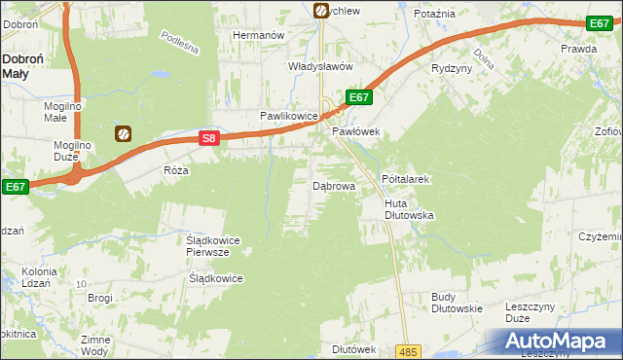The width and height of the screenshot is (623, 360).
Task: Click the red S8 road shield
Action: coord(208,139)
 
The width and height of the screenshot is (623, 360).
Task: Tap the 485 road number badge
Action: coord(408,351)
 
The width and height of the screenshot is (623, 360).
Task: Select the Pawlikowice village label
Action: coord(289,116)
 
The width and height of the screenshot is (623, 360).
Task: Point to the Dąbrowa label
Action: coord(333,185)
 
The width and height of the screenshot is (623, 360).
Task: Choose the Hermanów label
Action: coord(257,35)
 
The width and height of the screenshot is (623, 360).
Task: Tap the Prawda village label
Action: coord(578,48)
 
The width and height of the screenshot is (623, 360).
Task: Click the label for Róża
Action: coord(176,169)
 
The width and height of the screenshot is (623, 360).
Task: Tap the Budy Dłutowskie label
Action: coord(457,303)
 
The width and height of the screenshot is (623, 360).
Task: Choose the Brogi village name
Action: coord(100,298)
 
